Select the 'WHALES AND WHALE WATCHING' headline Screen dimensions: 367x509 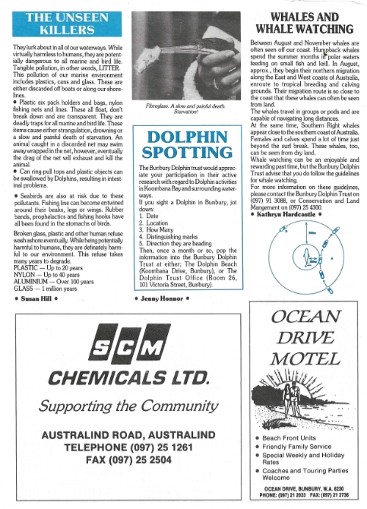pyautogui.click(x=304, y=24)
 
